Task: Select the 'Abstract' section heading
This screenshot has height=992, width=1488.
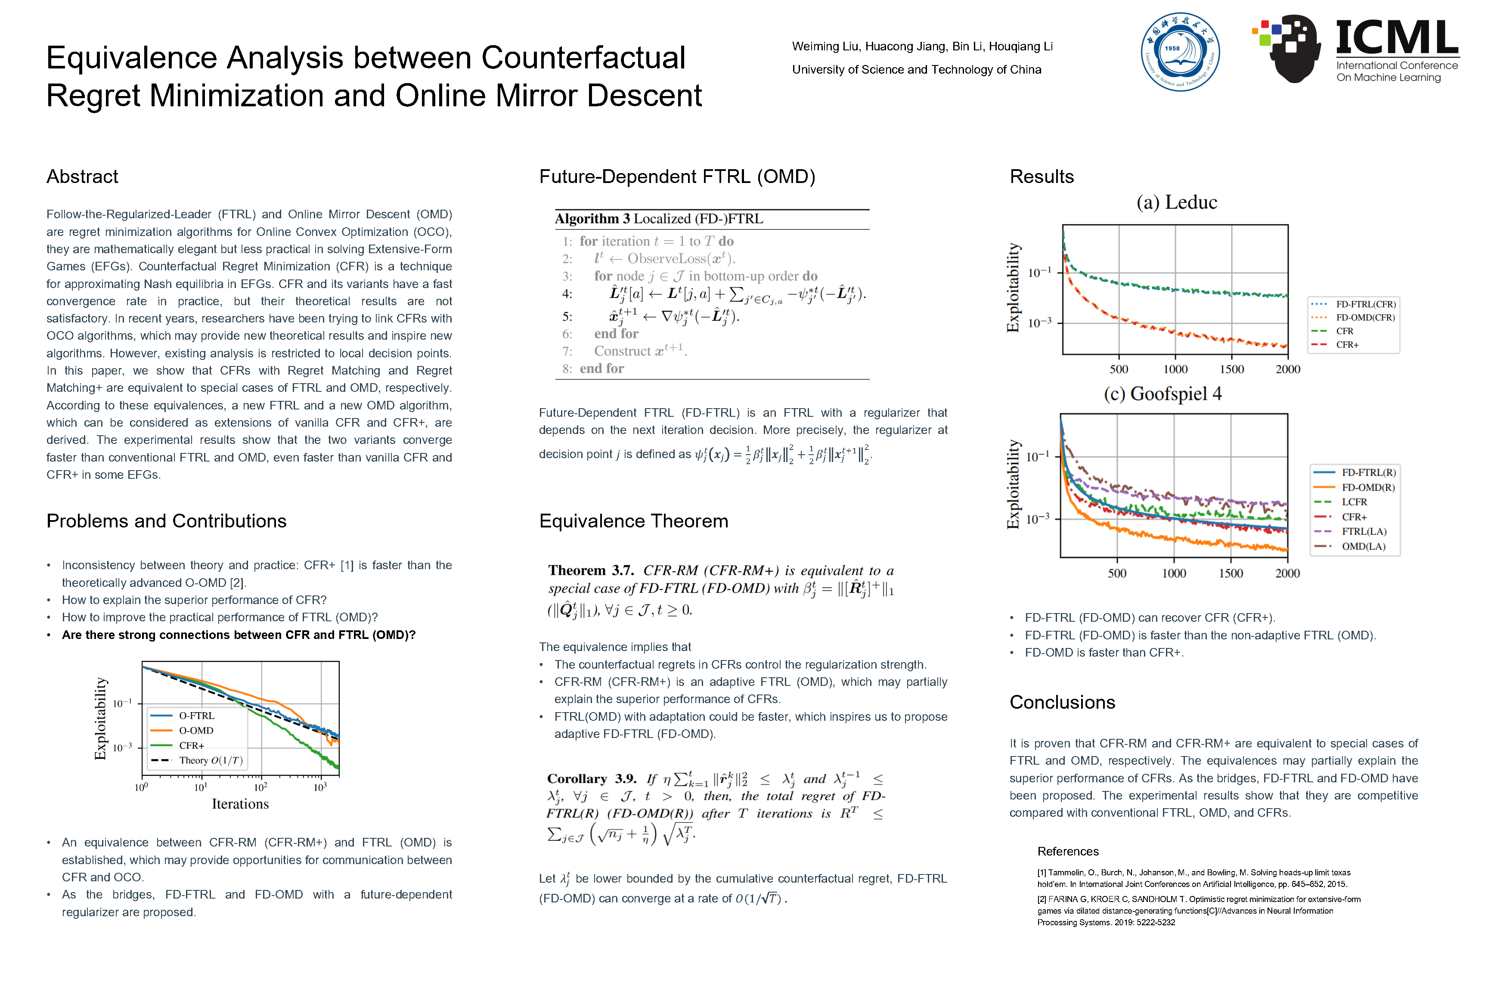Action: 82,177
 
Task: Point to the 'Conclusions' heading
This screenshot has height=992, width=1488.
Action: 1062,702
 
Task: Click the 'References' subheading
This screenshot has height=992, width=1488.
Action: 1067,852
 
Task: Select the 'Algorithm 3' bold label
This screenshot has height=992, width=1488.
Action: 592,219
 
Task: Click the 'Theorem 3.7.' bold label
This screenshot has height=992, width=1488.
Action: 590,570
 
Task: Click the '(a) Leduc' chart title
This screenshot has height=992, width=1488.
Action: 1176,202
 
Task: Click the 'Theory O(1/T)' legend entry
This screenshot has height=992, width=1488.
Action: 210,760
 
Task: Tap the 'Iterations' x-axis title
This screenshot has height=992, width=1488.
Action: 240,804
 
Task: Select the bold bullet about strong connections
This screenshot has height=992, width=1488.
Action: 239,635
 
